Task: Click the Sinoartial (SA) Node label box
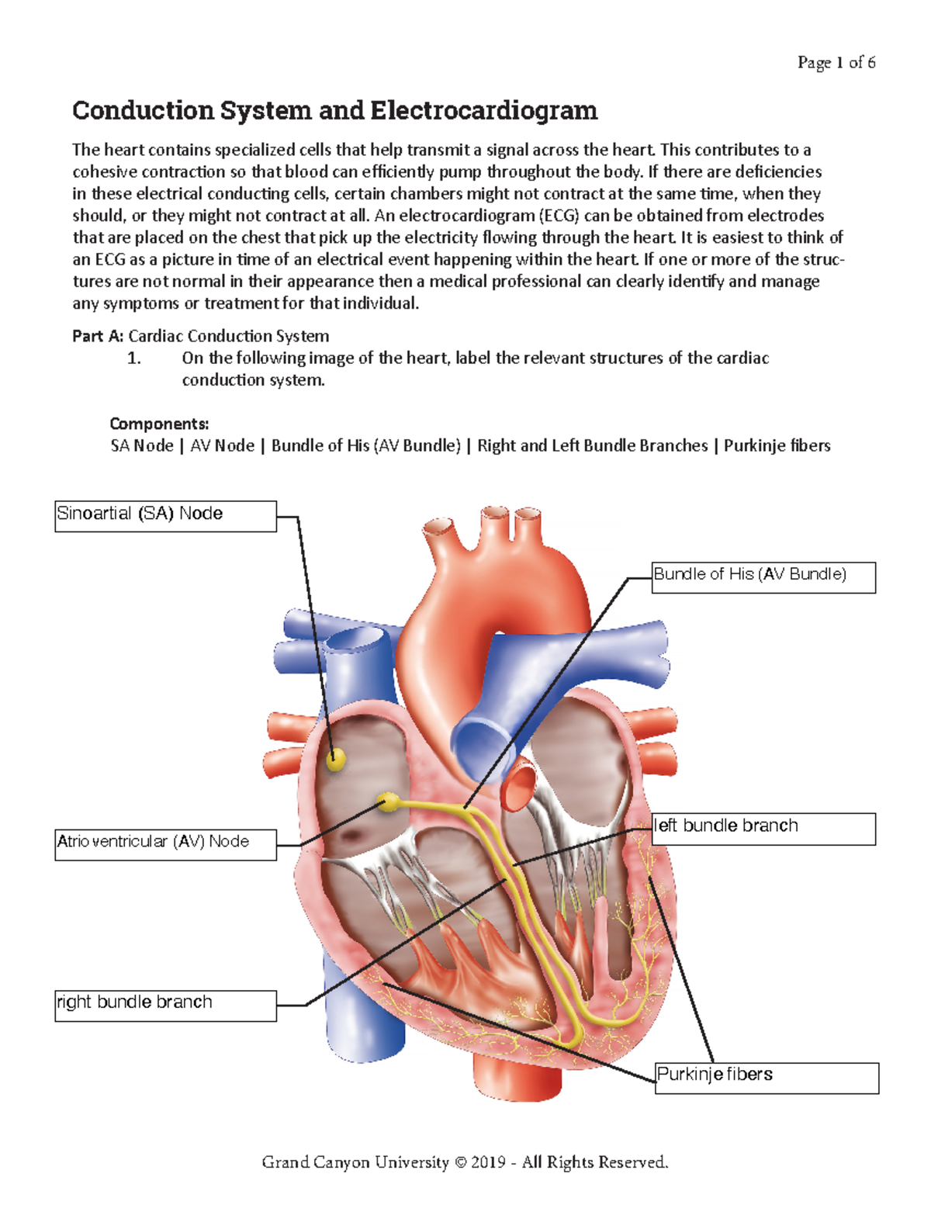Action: [165, 516]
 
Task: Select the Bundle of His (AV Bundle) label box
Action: [763, 577]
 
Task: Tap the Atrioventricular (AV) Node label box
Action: [165, 844]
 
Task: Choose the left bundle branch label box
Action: [763, 829]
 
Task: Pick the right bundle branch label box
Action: [165, 1006]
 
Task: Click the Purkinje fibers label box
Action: [767, 1078]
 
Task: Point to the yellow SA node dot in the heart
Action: [335, 759]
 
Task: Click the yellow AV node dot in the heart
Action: [387, 802]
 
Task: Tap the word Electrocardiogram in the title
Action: [483, 111]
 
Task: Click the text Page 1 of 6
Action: [836, 63]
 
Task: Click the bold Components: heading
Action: [159, 424]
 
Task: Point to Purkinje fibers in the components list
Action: [777, 446]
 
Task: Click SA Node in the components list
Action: [142, 446]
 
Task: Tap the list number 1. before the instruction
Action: [134, 358]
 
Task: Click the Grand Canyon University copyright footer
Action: [465, 1162]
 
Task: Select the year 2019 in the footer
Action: [488, 1162]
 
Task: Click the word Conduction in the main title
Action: [143, 111]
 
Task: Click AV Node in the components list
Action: [222, 446]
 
